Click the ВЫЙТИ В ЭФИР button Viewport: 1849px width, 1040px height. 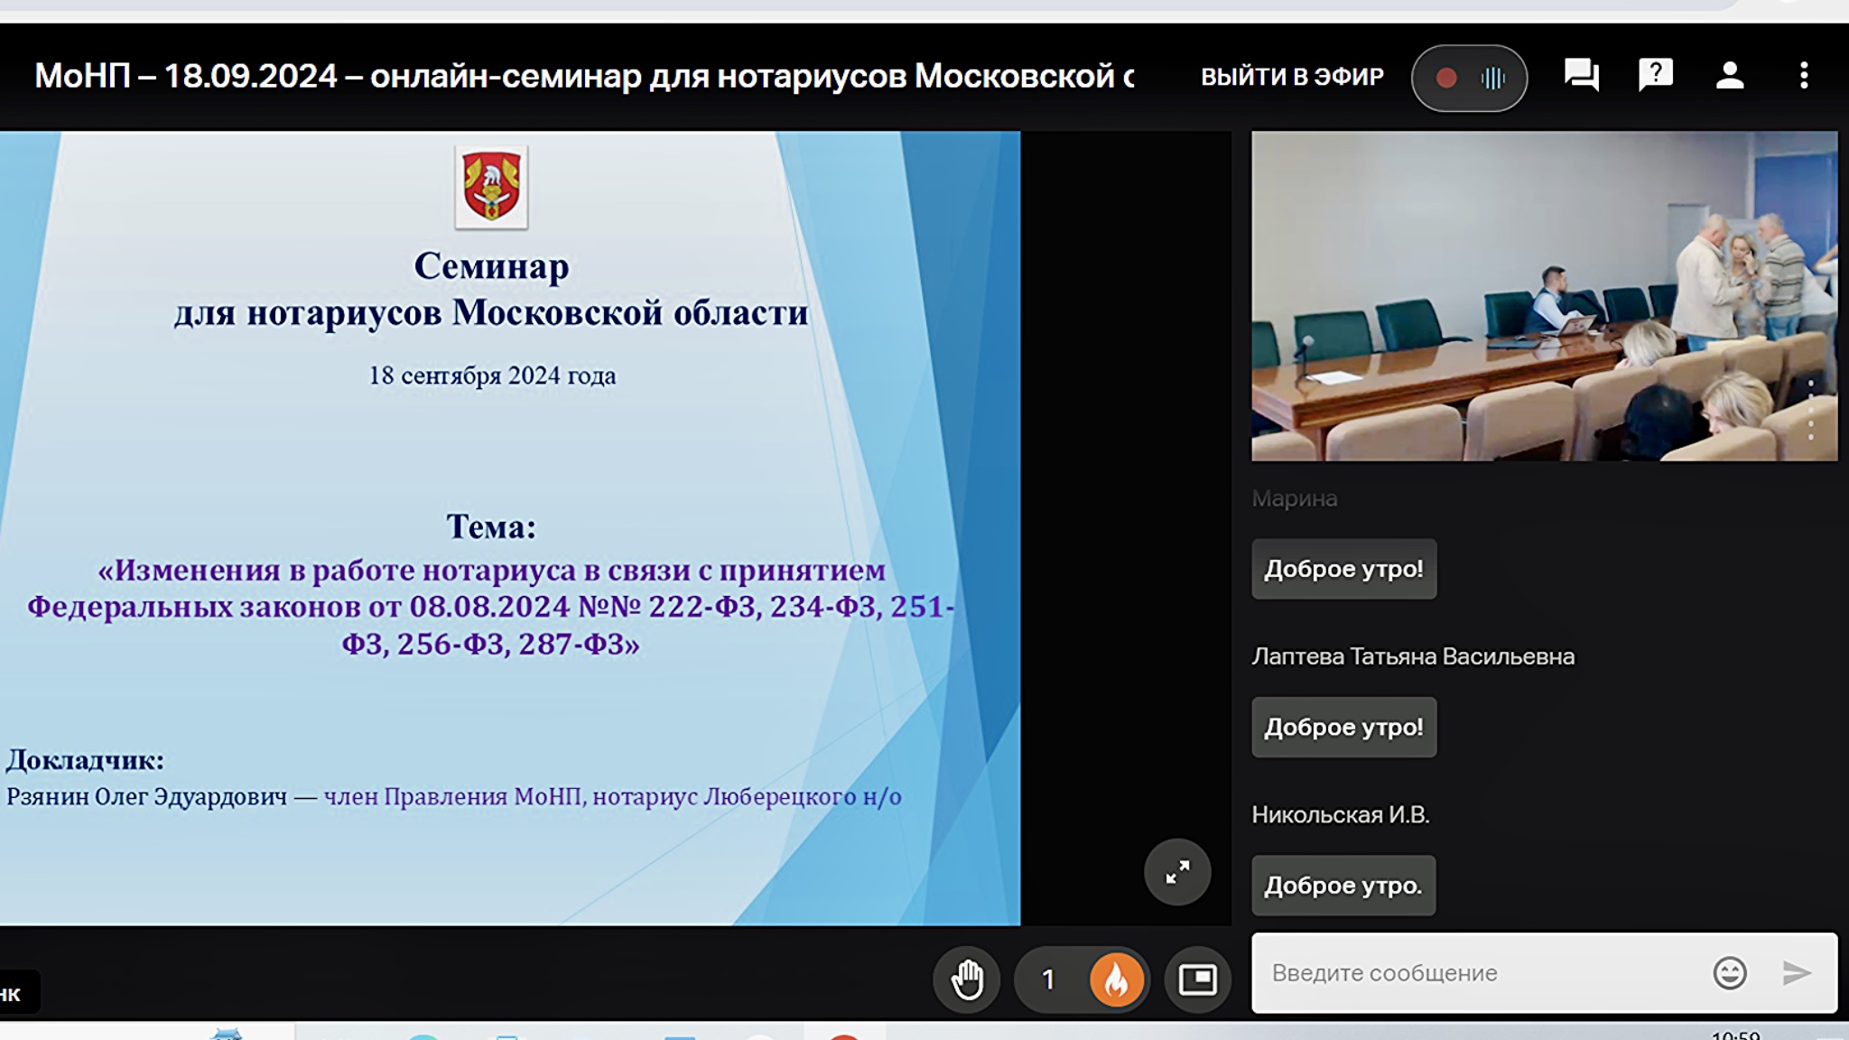(1292, 77)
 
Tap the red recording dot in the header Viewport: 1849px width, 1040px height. (1446, 79)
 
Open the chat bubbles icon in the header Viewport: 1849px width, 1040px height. (1582, 75)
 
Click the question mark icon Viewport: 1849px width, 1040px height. (1656, 74)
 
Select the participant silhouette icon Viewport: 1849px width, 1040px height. (1730, 75)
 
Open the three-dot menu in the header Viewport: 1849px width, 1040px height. (1804, 75)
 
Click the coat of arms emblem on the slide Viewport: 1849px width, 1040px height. (491, 187)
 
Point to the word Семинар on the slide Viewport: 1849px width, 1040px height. (491, 266)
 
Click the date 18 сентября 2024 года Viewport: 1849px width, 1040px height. (492, 376)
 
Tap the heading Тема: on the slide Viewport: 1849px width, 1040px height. (491, 526)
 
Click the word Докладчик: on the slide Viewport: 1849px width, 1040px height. (86, 760)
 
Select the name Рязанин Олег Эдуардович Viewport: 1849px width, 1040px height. (147, 796)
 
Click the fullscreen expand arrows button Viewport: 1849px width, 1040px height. (1177, 872)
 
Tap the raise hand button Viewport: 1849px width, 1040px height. (967, 980)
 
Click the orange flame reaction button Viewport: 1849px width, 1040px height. (1116, 980)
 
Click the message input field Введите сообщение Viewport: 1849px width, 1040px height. (1481, 973)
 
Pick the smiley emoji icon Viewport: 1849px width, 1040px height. (1730, 973)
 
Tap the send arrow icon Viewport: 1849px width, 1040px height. (1797, 973)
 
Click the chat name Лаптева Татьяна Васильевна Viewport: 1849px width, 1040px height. (1413, 656)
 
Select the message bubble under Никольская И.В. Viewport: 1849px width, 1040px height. (1343, 886)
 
